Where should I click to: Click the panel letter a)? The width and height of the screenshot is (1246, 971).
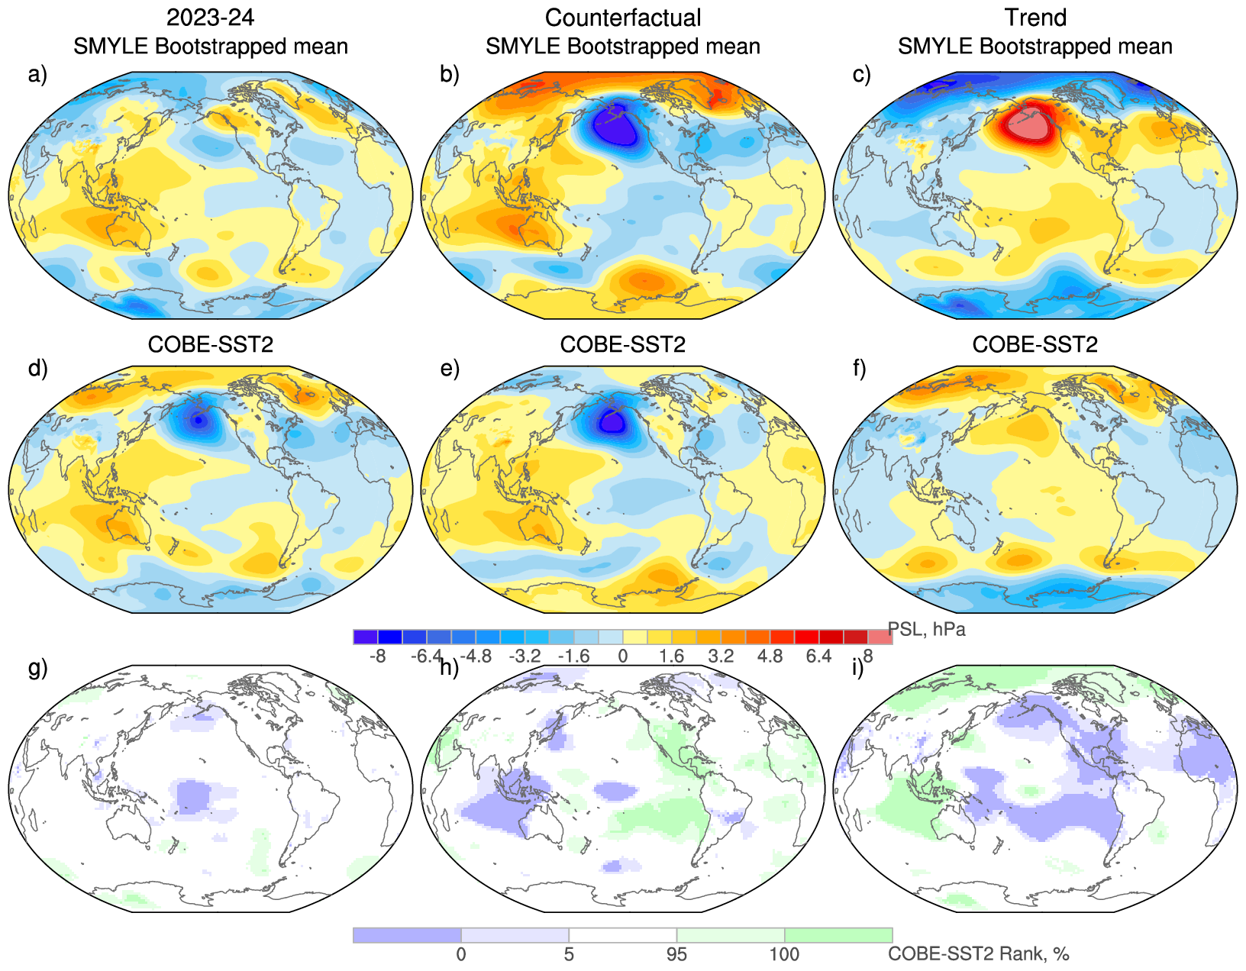pyautogui.click(x=37, y=75)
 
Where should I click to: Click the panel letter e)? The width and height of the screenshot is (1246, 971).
pyautogui.click(x=450, y=369)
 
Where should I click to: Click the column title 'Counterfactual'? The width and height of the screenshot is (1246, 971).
pyautogui.click(x=623, y=18)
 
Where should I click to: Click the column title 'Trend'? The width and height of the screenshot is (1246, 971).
pyautogui.click(x=1035, y=18)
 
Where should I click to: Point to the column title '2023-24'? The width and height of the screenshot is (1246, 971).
pyautogui.click(x=210, y=18)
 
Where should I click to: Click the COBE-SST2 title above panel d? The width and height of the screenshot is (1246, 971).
pyautogui.click(x=210, y=345)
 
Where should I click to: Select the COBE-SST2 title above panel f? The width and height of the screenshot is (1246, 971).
pyautogui.click(x=1035, y=345)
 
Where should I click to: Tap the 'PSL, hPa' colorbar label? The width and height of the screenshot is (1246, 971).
pyautogui.click(x=927, y=630)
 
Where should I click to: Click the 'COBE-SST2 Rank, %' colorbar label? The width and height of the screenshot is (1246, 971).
pyautogui.click(x=979, y=953)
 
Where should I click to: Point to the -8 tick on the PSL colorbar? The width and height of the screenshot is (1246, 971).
pyautogui.click(x=377, y=656)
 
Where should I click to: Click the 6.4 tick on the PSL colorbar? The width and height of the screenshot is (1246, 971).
pyautogui.click(x=818, y=656)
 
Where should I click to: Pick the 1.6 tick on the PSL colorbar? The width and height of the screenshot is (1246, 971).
pyautogui.click(x=672, y=656)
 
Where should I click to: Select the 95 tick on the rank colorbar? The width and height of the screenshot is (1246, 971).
pyautogui.click(x=676, y=954)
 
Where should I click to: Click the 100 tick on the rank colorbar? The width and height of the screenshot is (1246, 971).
pyautogui.click(x=784, y=954)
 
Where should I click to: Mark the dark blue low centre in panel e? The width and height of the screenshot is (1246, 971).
pyautogui.click(x=612, y=420)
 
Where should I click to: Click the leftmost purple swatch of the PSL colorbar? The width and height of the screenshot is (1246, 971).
pyautogui.click(x=366, y=637)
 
